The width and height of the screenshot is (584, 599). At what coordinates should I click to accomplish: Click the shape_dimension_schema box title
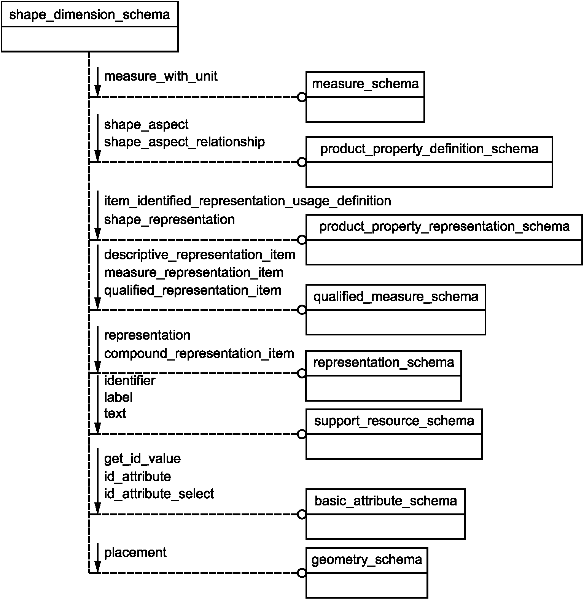click(x=89, y=15)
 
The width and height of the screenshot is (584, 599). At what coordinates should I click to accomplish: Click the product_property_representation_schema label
click(x=444, y=227)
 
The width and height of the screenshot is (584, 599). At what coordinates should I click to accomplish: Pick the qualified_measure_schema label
click(x=396, y=297)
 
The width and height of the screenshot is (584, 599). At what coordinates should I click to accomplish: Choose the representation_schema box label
click(x=383, y=363)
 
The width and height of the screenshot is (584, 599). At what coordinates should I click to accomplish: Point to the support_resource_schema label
click(x=394, y=421)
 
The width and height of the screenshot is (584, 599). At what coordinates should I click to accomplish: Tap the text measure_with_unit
click(x=161, y=76)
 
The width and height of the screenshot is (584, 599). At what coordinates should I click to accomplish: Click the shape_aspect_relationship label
click(x=185, y=142)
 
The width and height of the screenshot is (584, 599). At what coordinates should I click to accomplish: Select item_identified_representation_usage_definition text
click(x=248, y=201)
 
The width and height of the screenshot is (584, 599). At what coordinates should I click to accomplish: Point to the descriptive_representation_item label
click(x=200, y=255)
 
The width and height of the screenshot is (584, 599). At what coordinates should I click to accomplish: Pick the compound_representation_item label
click(x=199, y=354)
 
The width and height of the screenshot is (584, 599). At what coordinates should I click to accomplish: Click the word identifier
click(x=130, y=381)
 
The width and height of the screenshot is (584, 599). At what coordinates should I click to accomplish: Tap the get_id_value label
click(x=142, y=459)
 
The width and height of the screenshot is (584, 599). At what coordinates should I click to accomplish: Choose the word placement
click(x=135, y=553)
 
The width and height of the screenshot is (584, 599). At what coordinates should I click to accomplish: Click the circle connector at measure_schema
click(x=302, y=97)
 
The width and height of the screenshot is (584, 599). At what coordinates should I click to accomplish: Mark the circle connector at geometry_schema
click(x=302, y=573)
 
